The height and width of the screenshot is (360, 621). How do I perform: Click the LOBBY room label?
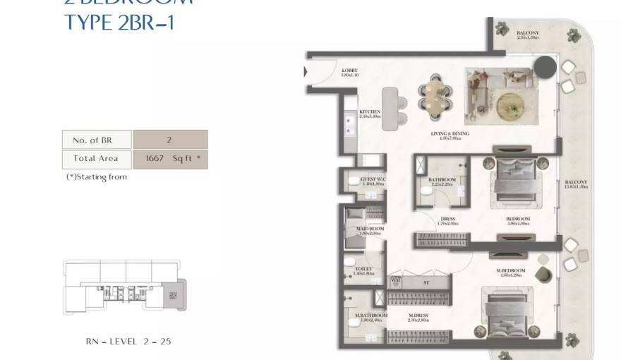pos(350,71)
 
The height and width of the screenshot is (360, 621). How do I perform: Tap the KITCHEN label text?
pos(370,112)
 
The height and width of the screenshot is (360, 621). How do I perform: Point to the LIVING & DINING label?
pos(450,134)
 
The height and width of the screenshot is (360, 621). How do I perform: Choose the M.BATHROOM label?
pos(371,316)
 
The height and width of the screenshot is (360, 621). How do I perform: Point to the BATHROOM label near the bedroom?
pos(442,181)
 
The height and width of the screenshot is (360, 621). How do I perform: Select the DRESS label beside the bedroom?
pos(447,220)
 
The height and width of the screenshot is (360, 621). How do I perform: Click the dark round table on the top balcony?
pos(544,68)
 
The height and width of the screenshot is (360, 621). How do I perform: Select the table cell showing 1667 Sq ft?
pos(170,159)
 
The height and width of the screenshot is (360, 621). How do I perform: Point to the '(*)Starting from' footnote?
pos(97,177)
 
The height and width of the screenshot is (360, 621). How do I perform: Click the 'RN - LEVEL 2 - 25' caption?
pos(128,342)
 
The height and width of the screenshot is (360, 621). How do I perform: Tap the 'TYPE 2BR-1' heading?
pos(119,23)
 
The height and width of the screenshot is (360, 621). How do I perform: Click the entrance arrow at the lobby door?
pos(306,71)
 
